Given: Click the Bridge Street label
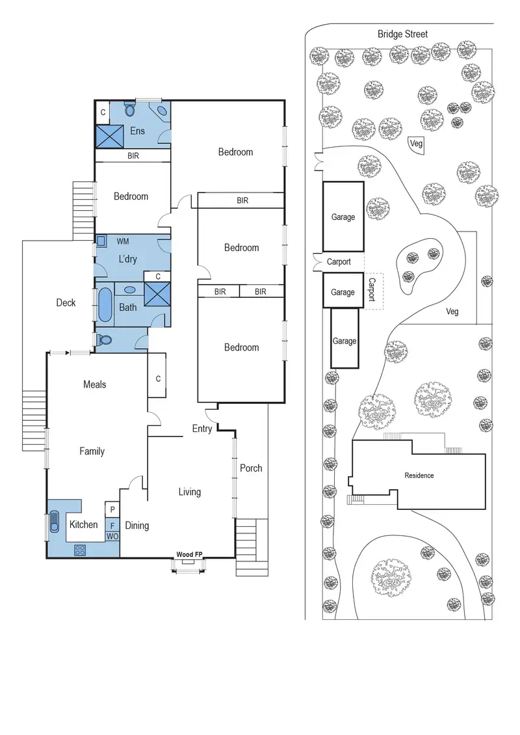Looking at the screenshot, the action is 402,34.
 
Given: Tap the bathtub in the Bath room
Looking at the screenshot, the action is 104,304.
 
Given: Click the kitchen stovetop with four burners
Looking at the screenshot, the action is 81,549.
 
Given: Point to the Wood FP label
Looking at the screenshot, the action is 189,554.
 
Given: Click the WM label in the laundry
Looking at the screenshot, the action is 123,241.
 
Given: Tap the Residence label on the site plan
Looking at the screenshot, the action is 419,475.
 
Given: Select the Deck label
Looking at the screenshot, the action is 66,302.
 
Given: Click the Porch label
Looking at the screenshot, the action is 251,468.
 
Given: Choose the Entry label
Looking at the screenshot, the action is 201,429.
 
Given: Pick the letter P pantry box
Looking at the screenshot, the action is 112,509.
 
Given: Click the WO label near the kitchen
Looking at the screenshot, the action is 112,537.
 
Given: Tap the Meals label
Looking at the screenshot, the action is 94,384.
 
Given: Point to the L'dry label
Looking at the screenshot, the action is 127,260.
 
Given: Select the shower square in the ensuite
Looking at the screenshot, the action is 109,136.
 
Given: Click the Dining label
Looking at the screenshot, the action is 136,526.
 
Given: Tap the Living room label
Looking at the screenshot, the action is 190,492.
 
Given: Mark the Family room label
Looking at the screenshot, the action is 92,451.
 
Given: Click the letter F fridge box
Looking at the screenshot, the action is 112,524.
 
